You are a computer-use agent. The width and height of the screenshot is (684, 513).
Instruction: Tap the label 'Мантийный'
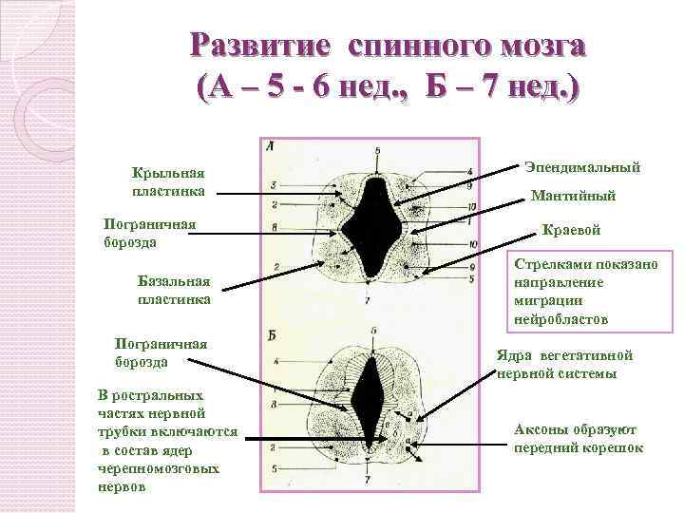click(573, 197)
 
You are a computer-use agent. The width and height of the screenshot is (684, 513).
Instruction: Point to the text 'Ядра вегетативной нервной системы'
click(564, 365)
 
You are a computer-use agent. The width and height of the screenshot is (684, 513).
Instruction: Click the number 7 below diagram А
click(368, 301)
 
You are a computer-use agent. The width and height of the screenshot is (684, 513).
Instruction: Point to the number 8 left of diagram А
click(274, 227)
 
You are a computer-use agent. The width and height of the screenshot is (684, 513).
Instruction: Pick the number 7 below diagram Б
click(368, 482)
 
